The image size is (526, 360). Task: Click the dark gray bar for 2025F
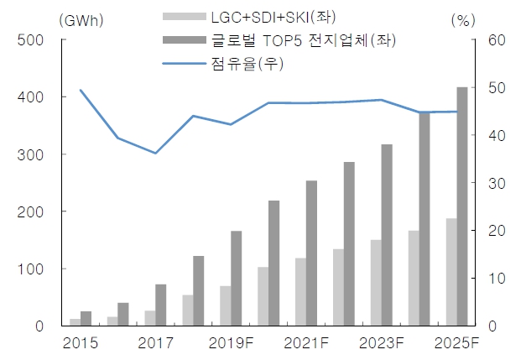(x=462, y=206)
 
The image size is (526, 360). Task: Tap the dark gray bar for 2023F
(x=387, y=235)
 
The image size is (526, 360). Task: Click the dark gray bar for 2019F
(x=236, y=278)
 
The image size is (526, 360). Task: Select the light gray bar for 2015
(x=75, y=322)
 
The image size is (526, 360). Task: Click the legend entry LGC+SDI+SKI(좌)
(x=267, y=16)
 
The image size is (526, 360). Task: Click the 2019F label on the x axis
(x=232, y=342)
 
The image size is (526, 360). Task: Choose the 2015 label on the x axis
(x=81, y=342)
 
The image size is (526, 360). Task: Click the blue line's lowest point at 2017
(x=155, y=153)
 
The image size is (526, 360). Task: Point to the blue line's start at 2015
(x=81, y=90)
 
